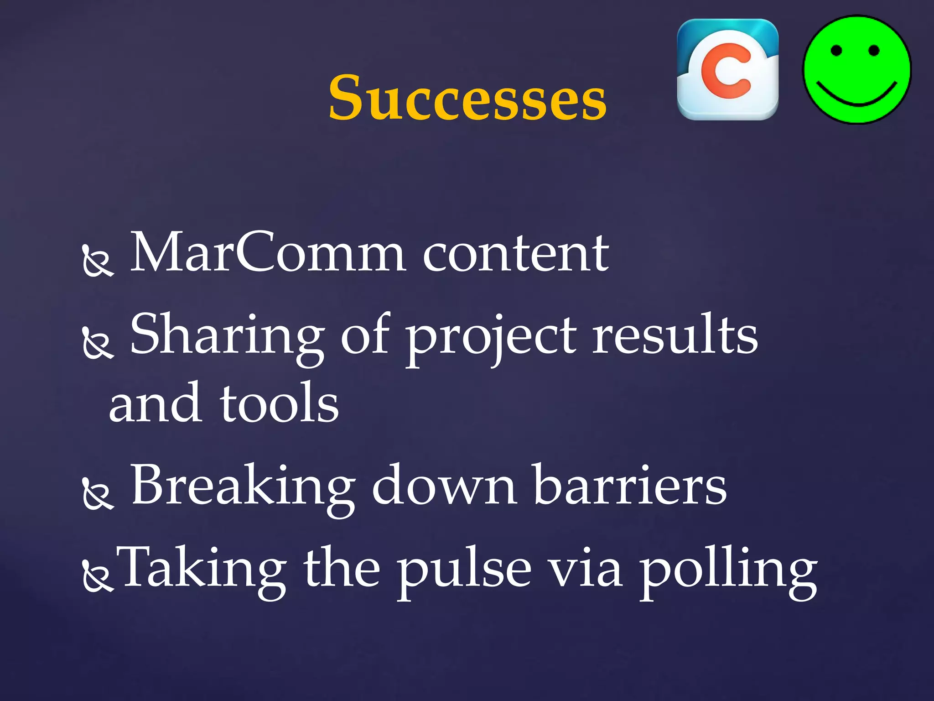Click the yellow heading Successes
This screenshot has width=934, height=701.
(x=467, y=98)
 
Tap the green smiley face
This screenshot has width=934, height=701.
(x=857, y=70)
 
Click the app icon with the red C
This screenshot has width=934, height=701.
(x=728, y=69)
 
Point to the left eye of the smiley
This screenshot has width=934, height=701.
(x=836, y=50)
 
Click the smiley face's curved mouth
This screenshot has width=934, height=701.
(x=856, y=95)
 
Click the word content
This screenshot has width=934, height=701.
(x=516, y=254)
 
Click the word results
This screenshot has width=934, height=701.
(x=675, y=335)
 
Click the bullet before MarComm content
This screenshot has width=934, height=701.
(x=98, y=262)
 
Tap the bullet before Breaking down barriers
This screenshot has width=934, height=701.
(x=98, y=494)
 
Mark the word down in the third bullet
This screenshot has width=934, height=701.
(x=445, y=486)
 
